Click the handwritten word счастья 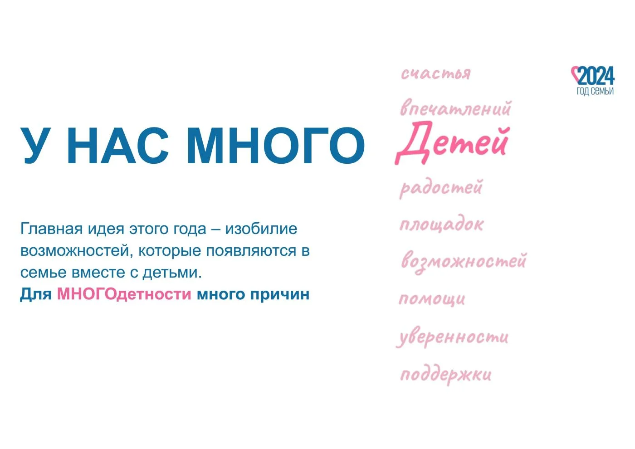pos(436,73)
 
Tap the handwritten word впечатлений pos(455,108)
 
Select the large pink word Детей pos(452,142)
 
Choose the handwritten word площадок pos(441,224)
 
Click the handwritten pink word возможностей pos(464,262)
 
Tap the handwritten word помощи pos(432,299)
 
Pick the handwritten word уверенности pos(453,337)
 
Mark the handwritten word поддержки pos(445,375)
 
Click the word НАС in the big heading pos(117,146)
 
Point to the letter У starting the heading pos(36,146)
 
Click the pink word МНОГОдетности pos(124,294)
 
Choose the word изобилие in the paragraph pos(261,229)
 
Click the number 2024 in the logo pos(596,76)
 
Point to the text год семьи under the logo pos(595,91)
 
